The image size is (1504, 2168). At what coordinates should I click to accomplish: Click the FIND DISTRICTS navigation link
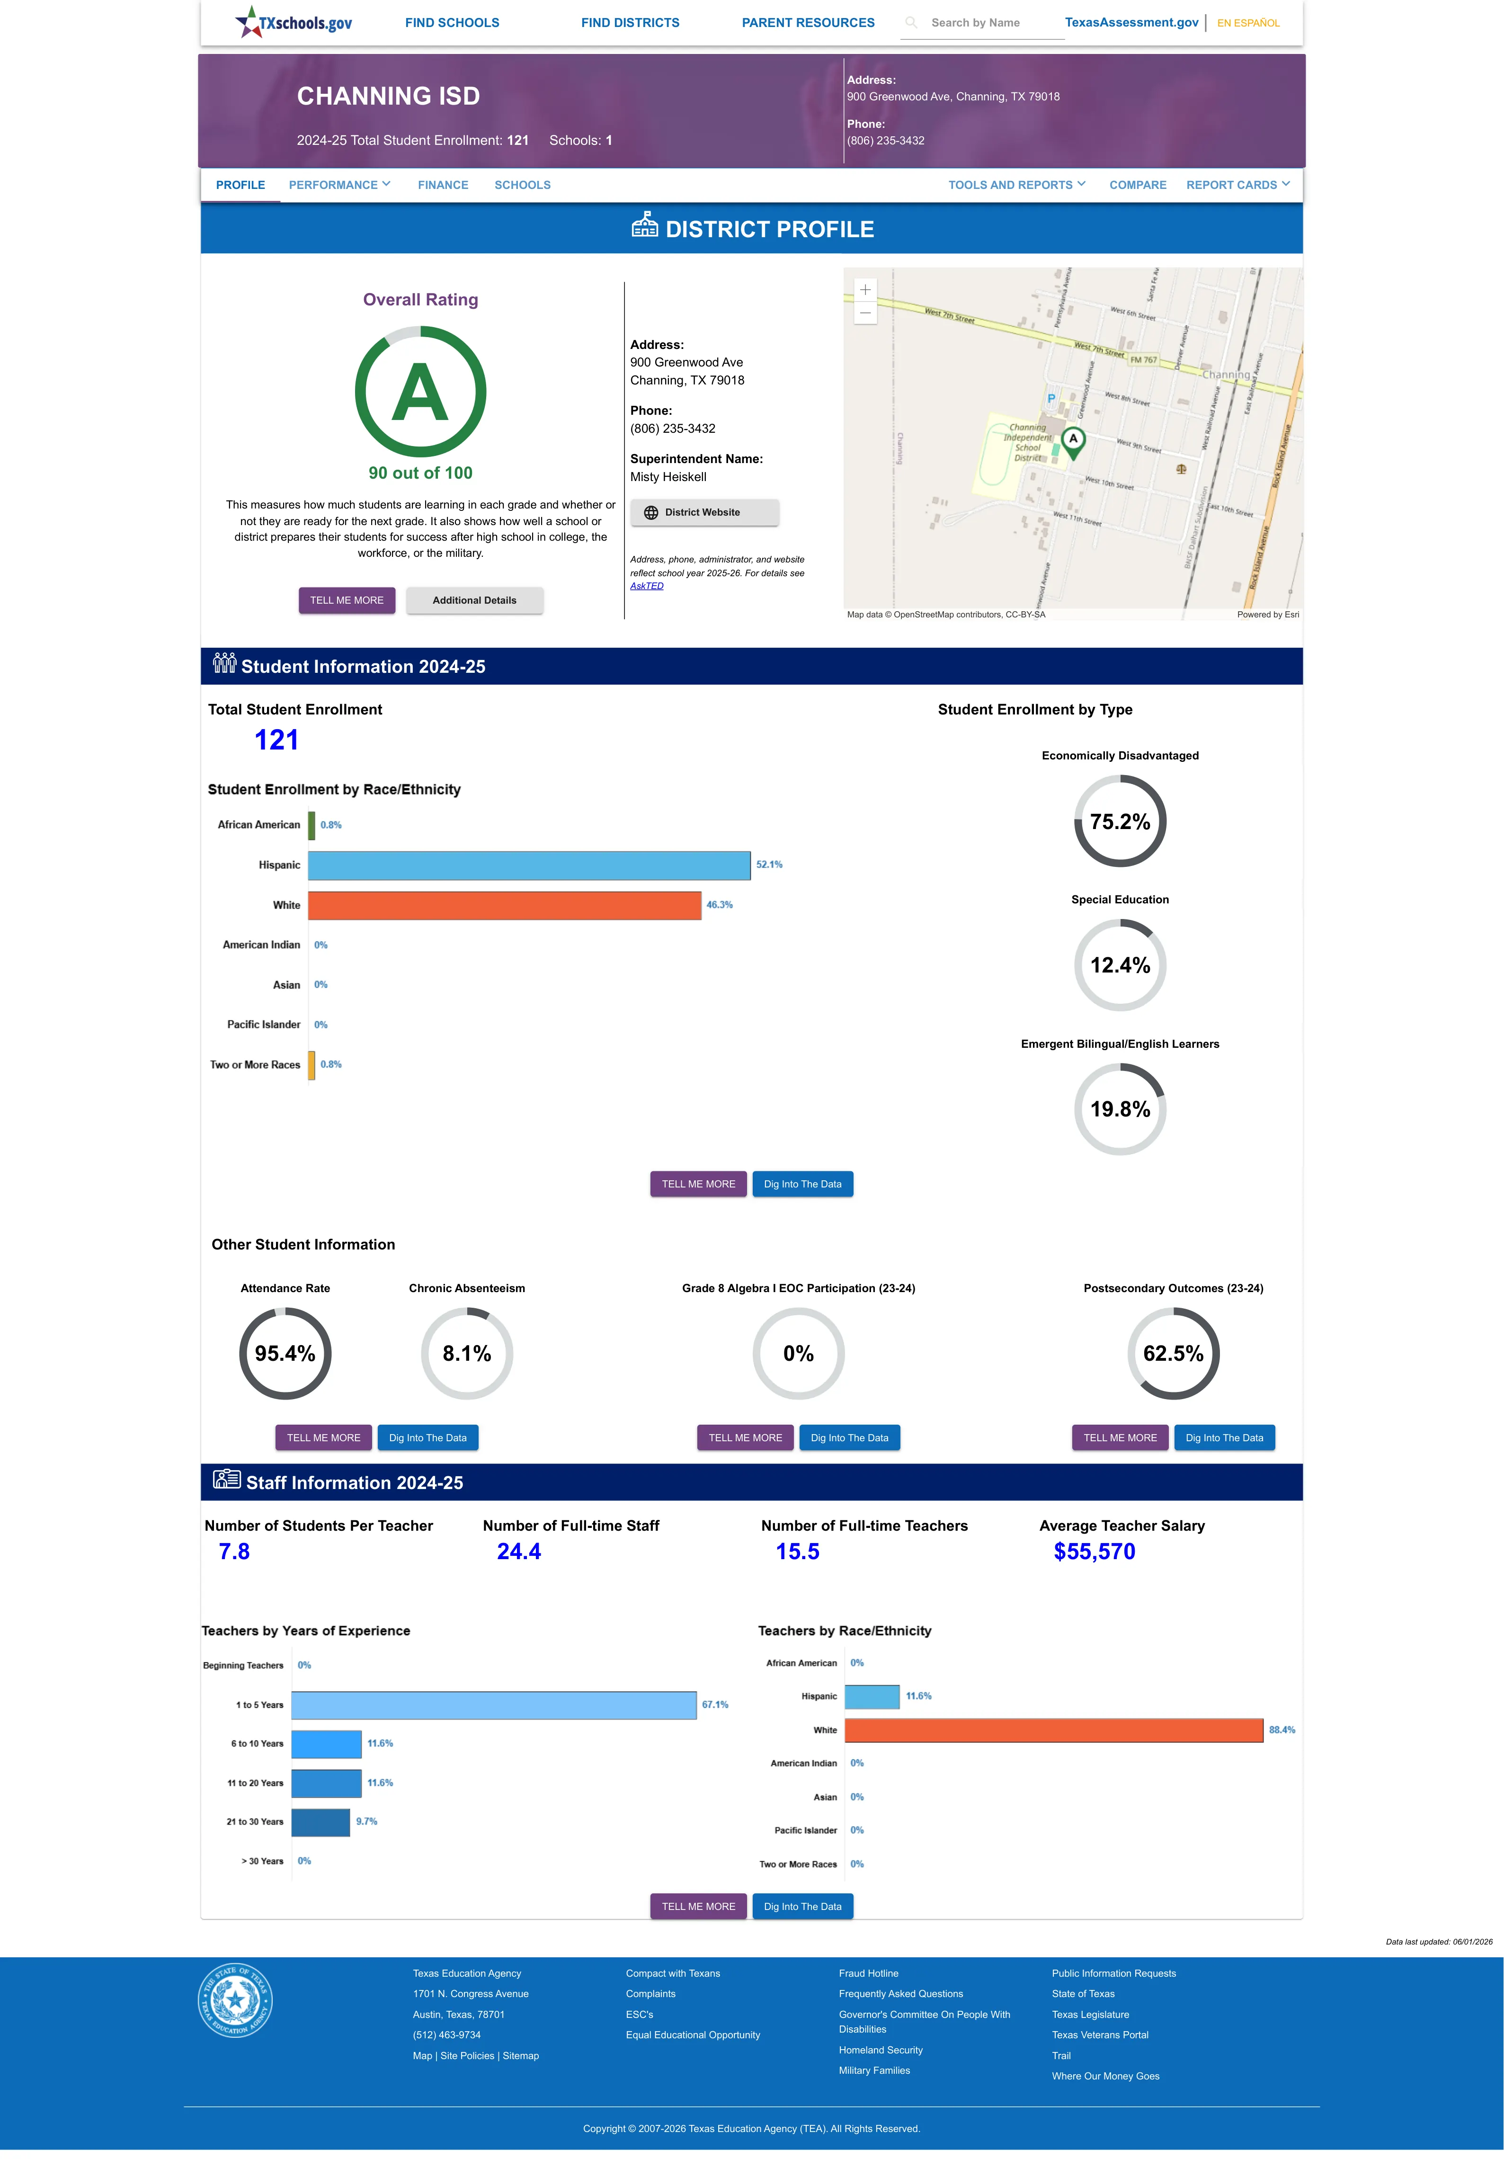[x=630, y=23]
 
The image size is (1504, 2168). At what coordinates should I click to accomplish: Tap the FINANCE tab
[x=443, y=185]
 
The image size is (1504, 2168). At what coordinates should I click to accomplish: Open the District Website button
[x=704, y=513]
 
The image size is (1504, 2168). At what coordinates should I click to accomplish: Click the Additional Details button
[x=474, y=600]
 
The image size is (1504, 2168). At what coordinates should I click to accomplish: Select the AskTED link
[x=647, y=586]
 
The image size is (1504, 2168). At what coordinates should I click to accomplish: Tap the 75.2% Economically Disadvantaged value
[x=1120, y=821]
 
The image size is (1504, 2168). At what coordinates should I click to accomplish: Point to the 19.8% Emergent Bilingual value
[x=1120, y=1109]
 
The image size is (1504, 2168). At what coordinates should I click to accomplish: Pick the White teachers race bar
[x=1053, y=1730]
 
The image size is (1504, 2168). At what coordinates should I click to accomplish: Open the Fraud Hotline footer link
[x=868, y=1973]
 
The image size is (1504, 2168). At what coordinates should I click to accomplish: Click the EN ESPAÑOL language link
[x=1248, y=23]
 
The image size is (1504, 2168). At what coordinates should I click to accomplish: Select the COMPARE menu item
[x=1138, y=185]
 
